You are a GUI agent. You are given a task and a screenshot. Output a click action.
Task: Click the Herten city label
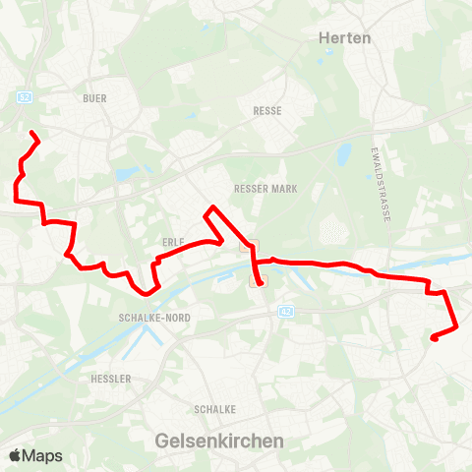[x=344, y=37]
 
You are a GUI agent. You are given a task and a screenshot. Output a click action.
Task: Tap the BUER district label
[x=94, y=98]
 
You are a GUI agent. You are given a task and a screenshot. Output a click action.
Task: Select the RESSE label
[x=267, y=111]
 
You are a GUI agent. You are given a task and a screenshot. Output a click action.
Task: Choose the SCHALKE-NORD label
[x=153, y=319]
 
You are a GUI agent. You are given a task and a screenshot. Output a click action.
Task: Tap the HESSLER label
[x=109, y=379]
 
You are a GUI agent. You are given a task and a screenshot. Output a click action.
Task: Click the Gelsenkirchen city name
[x=219, y=442]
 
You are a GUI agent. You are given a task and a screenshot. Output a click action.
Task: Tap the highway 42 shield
[x=285, y=311]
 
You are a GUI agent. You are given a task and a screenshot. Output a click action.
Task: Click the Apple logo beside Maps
[x=15, y=456]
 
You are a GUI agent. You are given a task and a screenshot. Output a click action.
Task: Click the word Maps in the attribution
[x=42, y=456]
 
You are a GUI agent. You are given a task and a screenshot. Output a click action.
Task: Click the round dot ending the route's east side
[x=434, y=338]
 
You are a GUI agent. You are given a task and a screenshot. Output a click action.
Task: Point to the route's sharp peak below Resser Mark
[x=209, y=207]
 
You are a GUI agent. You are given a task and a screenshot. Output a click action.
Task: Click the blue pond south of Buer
[x=127, y=175]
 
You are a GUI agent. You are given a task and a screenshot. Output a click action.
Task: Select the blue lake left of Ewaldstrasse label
[x=343, y=154]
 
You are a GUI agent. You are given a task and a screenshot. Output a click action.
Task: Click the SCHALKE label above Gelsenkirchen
[x=212, y=409]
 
